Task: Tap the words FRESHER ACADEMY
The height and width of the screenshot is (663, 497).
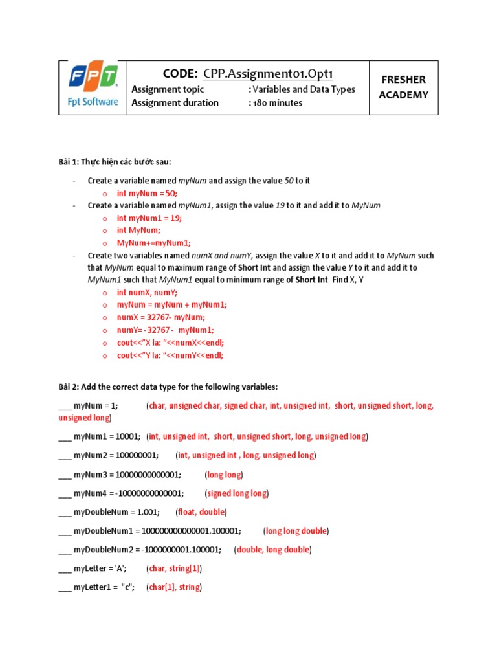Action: [x=403, y=87]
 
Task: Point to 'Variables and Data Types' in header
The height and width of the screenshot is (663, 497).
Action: [x=302, y=89]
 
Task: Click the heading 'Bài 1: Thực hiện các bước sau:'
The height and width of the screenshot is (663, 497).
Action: [x=116, y=161]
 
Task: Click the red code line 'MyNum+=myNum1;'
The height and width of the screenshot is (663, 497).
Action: [x=153, y=243]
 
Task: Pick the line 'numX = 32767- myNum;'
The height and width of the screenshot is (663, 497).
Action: [x=160, y=317]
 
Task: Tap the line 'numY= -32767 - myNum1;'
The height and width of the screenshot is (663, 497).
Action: [x=165, y=330]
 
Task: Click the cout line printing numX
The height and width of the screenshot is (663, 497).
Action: [x=170, y=343]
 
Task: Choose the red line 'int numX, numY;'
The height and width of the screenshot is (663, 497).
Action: [x=147, y=293]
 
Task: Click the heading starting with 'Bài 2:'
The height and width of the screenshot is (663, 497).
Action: [x=168, y=387]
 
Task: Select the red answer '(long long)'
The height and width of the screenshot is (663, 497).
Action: [x=224, y=475]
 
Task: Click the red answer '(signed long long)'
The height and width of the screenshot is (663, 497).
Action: [x=236, y=493]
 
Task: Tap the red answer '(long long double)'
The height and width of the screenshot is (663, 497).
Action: [x=296, y=531]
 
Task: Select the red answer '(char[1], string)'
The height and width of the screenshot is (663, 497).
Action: [x=173, y=587]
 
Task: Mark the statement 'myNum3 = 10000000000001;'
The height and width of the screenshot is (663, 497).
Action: [x=127, y=475]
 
